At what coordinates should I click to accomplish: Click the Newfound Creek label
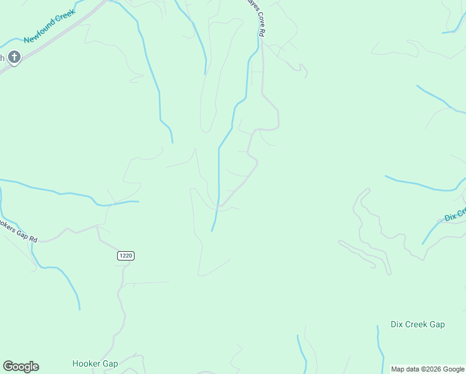click(49, 26)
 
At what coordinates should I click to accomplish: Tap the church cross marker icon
click(14, 58)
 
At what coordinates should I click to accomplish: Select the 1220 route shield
click(125, 256)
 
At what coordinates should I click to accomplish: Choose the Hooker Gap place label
click(95, 363)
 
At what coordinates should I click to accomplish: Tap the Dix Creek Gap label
click(417, 324)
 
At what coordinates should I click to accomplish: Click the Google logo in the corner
click(21, 367)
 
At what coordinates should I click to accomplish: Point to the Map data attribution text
click(428, 369)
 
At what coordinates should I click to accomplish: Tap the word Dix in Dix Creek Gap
click(397, 324)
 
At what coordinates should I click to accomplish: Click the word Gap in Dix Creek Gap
click(437, 324)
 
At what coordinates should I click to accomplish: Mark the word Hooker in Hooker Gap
click(86, 363)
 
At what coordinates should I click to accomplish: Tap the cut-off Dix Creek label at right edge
click(455, 214)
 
